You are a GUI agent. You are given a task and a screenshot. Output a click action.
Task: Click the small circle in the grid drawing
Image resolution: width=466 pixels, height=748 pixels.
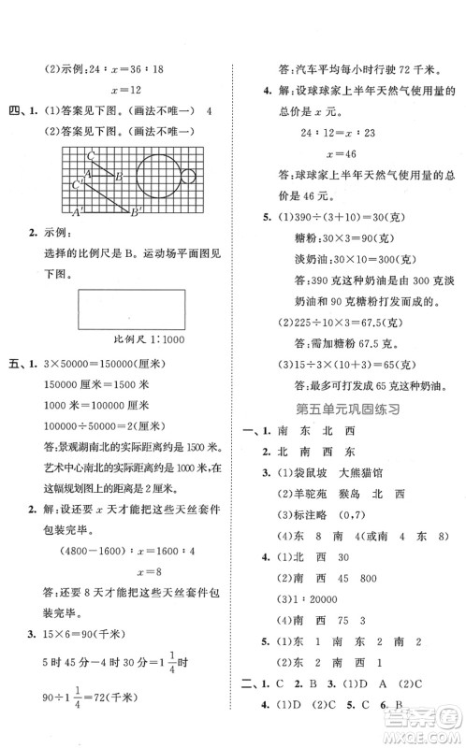point(188,177)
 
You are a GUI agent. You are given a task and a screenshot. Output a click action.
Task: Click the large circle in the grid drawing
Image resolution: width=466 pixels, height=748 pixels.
point(155,177)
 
